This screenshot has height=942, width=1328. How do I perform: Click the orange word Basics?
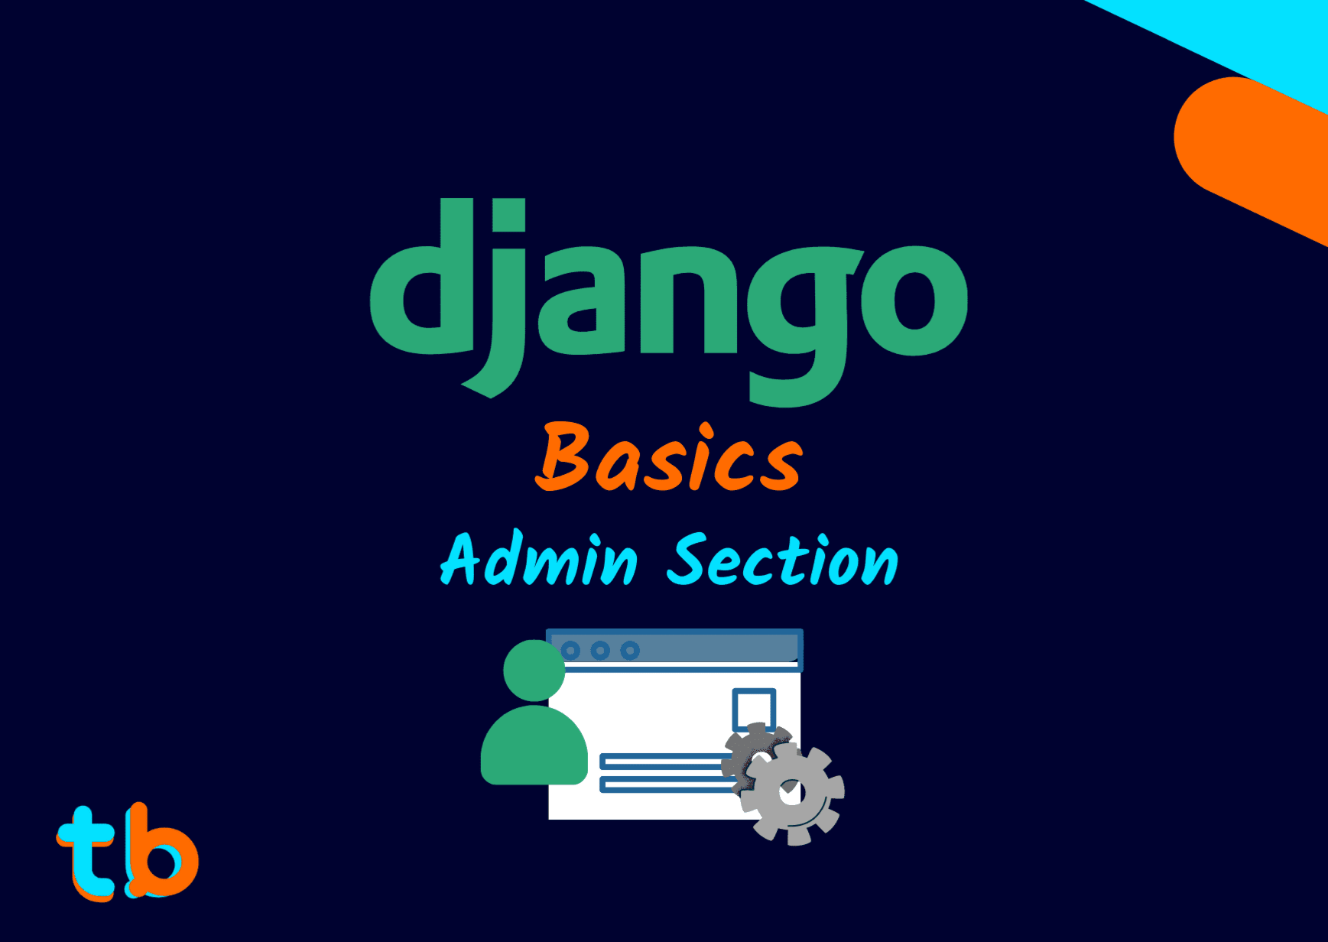coord(668,459)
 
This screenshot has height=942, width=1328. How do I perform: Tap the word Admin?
coord(539,560)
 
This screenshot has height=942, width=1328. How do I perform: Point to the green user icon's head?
coord(534,670)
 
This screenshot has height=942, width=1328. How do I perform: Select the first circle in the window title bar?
coord(570,651)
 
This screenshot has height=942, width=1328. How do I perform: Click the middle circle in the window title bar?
coord(600,651)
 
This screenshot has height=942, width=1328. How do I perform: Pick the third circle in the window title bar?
coord(630,651)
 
